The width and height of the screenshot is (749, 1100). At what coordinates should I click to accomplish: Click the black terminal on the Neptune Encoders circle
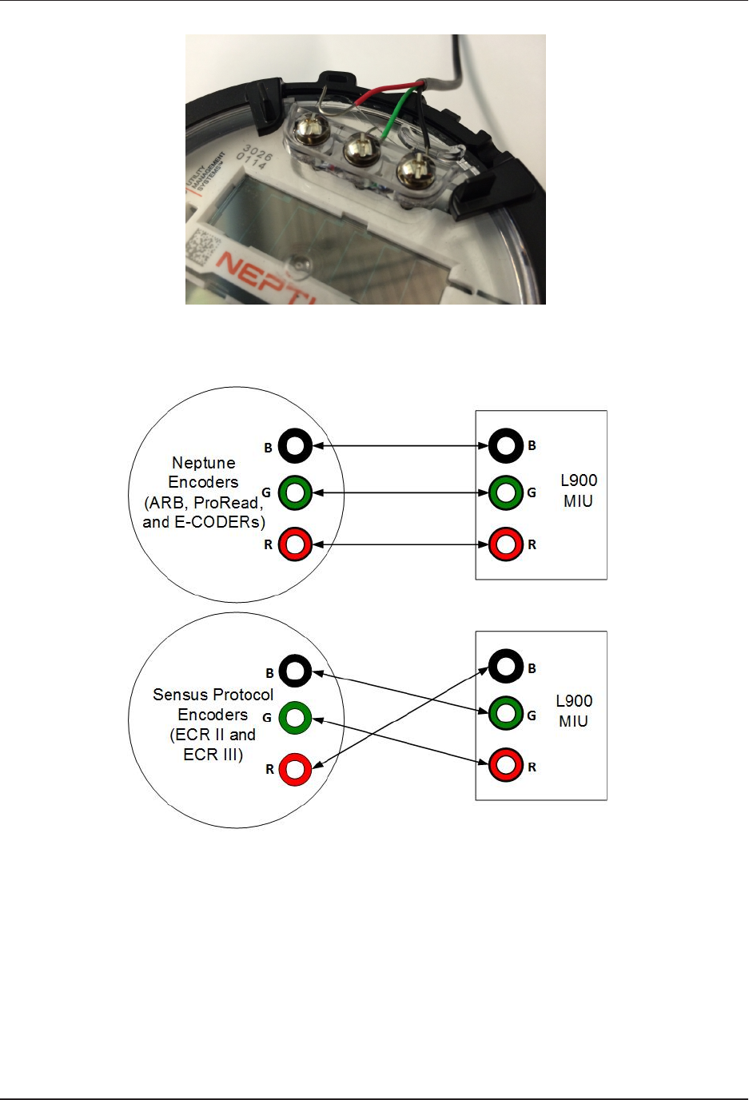295,446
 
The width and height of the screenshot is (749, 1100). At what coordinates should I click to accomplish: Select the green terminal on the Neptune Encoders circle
295,492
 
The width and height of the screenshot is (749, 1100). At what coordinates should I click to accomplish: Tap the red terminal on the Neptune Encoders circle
295,544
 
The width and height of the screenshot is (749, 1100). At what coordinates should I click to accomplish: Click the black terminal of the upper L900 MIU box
505,445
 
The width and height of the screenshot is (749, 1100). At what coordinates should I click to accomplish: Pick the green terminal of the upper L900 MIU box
505,492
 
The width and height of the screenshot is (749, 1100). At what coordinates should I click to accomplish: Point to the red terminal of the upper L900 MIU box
505,544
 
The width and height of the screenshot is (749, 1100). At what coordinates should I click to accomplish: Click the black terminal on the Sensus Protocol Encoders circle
295,672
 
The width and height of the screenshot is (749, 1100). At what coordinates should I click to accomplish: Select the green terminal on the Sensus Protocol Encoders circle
295,718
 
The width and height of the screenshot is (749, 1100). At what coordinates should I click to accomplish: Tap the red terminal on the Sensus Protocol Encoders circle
295,768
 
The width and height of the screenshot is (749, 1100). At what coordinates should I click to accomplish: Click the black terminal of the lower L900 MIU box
505,667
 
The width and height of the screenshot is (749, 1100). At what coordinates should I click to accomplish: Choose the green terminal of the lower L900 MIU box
505,713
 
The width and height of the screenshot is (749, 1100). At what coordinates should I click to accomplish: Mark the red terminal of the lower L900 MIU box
505,765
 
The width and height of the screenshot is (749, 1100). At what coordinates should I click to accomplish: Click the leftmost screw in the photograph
306,128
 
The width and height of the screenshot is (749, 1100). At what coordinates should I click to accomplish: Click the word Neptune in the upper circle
204,463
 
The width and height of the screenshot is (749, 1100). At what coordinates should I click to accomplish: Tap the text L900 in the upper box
579,480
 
